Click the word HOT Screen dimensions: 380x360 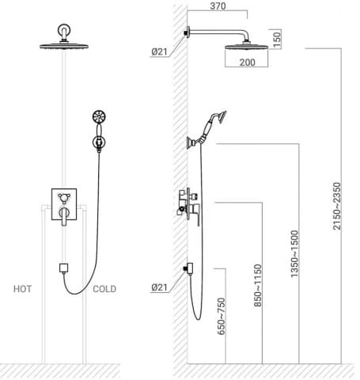tap(23, 289)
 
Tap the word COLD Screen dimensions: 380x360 tap(104, 289)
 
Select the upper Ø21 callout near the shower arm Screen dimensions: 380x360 tap(158, 51)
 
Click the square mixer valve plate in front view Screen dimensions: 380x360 tap(63, 201)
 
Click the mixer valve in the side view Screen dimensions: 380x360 tap(188, 204)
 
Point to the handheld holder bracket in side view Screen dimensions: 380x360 tap(191, 142)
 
